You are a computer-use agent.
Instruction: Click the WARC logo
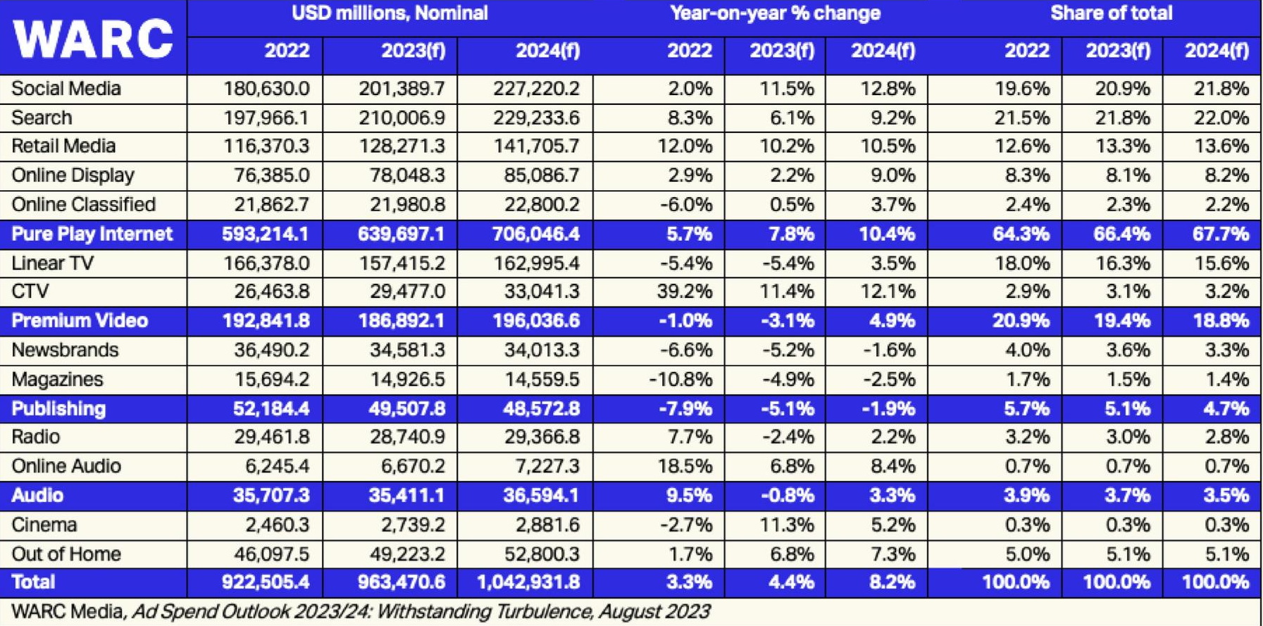(92, 39)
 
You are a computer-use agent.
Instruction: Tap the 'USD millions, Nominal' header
(390, 13)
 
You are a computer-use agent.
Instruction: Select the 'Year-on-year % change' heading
(775, 13)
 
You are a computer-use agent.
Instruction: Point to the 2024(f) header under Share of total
(1217, 51)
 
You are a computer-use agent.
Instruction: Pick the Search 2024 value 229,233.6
(536, 118)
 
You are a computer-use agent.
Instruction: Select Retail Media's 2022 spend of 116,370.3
(266, 146)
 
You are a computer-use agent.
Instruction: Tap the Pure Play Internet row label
(92, 234)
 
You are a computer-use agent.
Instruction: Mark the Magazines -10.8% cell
(680, 380)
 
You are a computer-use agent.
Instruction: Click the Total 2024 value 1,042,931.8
(528, 582)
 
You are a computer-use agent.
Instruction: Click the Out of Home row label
(66, 554)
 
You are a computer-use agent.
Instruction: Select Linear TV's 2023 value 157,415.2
(402, 263)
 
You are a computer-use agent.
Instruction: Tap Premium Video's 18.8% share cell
(1220, 321)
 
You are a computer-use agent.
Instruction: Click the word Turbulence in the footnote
(545, 611)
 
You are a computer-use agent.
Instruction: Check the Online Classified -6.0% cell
(685, 205)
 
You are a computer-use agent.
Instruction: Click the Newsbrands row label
(65, 350)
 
